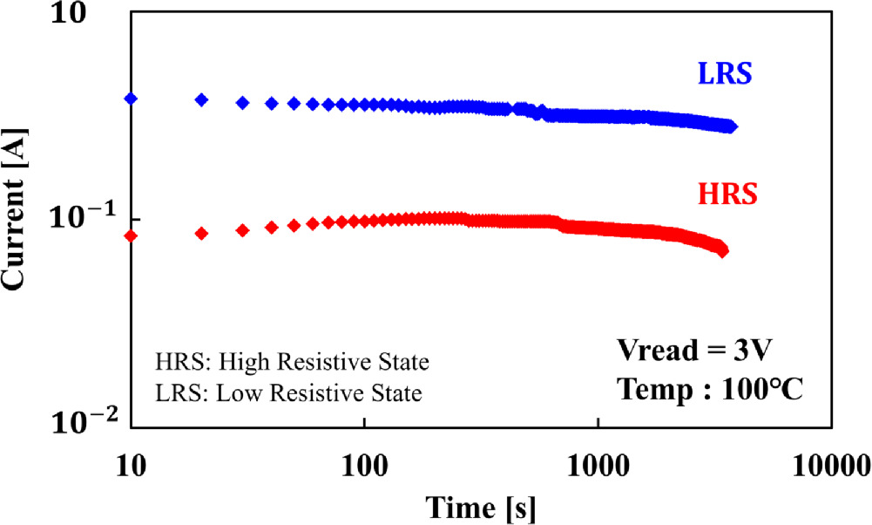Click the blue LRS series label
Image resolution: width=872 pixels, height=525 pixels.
[x=725, y=75]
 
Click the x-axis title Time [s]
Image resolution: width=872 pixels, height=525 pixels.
[x=480, y=507]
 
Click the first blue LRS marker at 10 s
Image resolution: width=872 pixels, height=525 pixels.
[x=132, y=99]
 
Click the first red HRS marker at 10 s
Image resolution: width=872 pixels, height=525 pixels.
[x=132, y=235]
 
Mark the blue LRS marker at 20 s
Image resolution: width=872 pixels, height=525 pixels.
[x=202, y=99]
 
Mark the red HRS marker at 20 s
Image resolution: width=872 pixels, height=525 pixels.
[x=202, y=233]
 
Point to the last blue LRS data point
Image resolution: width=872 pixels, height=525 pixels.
[x=732, y=126]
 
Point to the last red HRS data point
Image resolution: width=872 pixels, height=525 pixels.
[x=722, y=251]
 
